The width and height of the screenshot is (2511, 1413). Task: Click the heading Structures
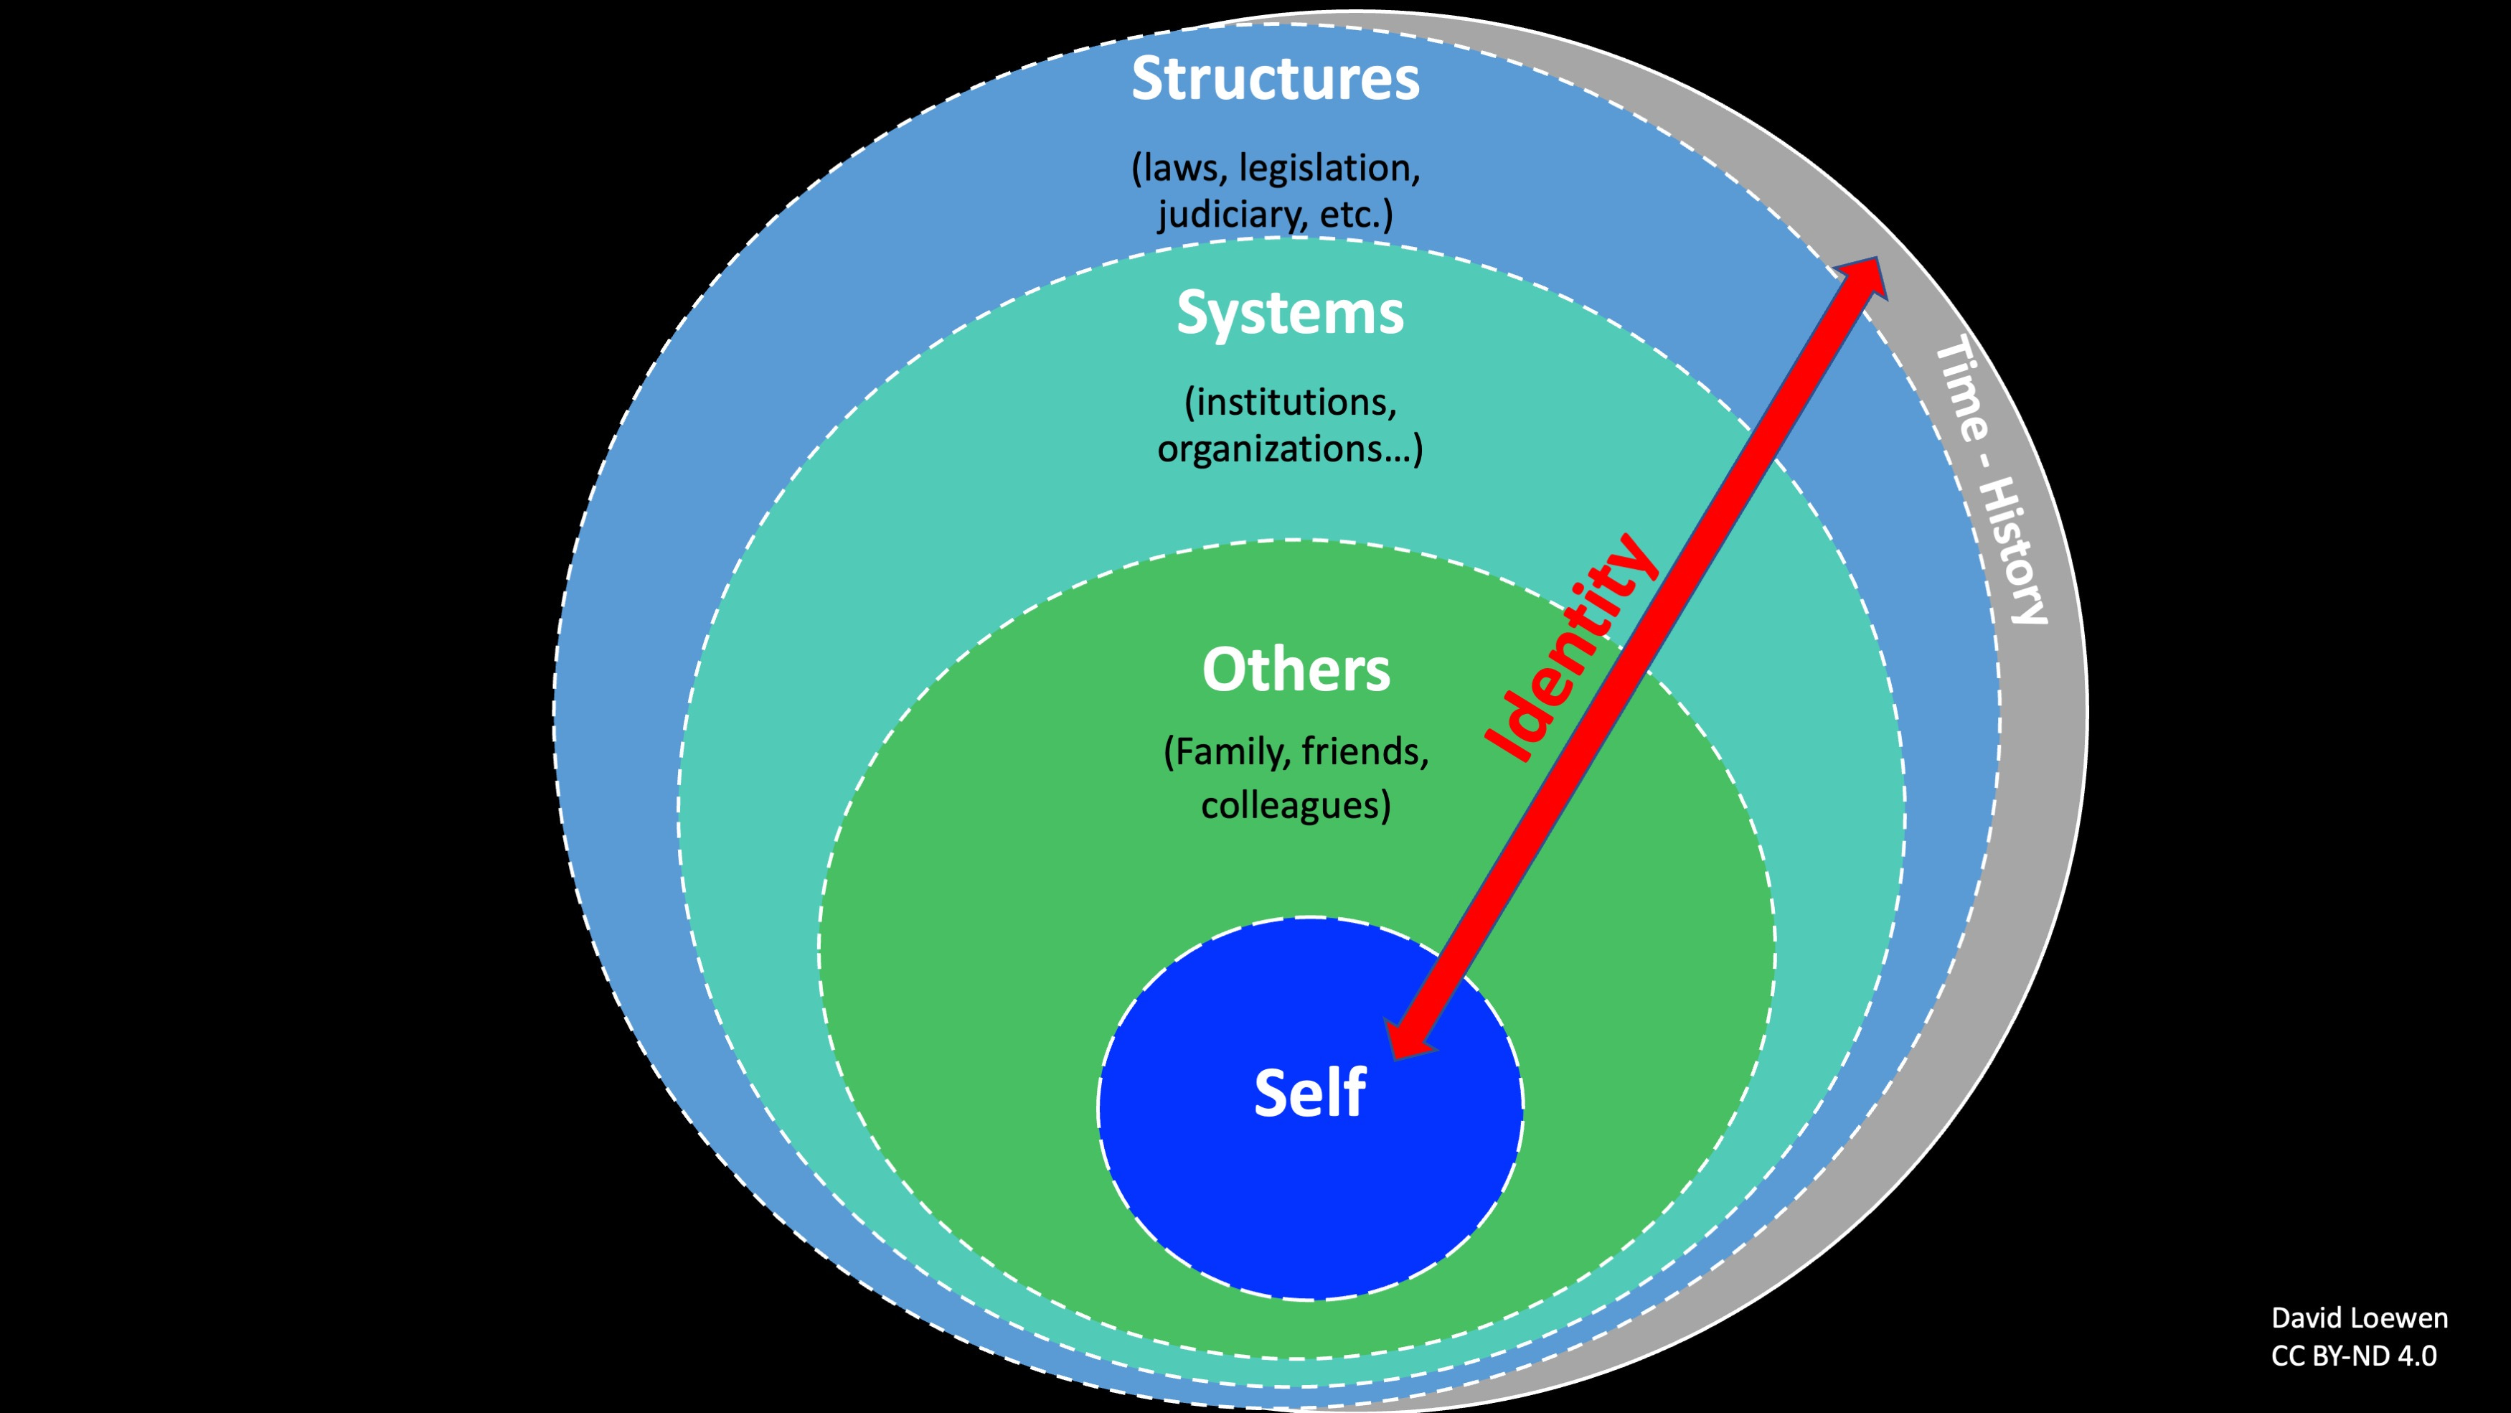coord(1275,78)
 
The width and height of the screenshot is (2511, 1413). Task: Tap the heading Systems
coord(1290,313)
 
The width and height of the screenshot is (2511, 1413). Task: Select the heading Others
coord(1296,670)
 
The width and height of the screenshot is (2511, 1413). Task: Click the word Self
coord(1309,1093)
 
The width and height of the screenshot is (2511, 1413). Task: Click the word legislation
coord(1329,169)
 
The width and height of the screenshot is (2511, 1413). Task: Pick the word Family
coord(1229,752)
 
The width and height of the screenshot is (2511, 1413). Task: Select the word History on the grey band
coord(2017,551)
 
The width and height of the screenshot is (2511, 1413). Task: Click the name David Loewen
coord(2359,1318)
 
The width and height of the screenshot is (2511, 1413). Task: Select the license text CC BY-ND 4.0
coord(2353,1356)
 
